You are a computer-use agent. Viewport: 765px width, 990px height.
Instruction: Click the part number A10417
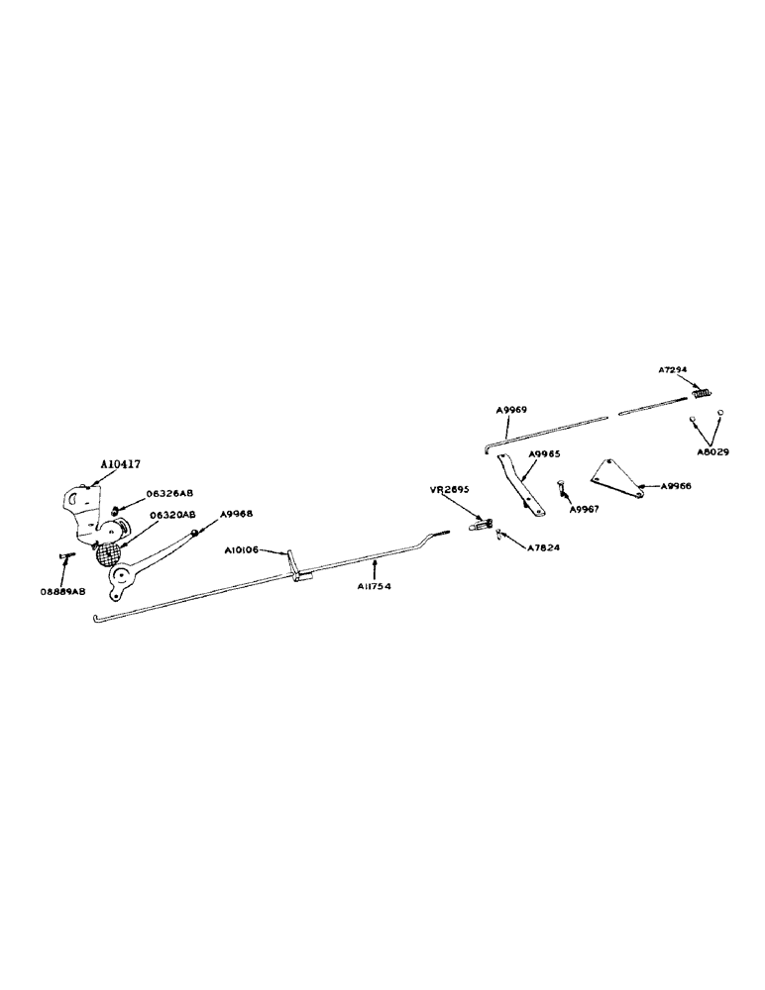click(x=121, y=462)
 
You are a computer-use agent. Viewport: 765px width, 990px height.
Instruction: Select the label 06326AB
click(x=170, y=492)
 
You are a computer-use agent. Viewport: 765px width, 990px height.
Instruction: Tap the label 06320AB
click(x=172, y=515)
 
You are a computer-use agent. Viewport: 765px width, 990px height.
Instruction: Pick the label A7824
click(x=545, y=546)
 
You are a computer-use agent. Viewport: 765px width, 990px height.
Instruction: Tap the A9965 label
click(x=544, y=453)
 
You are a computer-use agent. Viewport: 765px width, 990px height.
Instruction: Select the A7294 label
click(x=678, y=369)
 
